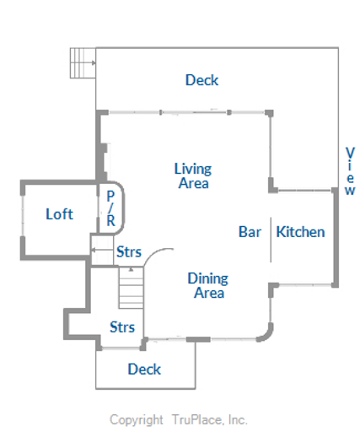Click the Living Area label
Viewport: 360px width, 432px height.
click(193, 175)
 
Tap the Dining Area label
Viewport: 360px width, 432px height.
click(207, 285)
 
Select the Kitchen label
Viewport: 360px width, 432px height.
click(300, 232)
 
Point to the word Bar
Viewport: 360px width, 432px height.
click(250, 232)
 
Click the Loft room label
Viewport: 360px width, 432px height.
click(59, 214)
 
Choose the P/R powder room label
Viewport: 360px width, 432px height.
click(110, 208)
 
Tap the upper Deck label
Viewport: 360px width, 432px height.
click(201, 81)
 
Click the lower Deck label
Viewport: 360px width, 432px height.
click(144, 369)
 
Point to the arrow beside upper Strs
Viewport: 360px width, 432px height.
click(101, 251)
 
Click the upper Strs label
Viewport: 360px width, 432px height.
click(128, 251)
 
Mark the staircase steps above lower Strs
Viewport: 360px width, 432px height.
click(132, 289)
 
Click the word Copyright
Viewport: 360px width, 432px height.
click(137, 419)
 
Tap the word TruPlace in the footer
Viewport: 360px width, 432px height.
click(196, 419)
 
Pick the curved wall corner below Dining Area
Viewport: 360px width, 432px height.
click(266, 331)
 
